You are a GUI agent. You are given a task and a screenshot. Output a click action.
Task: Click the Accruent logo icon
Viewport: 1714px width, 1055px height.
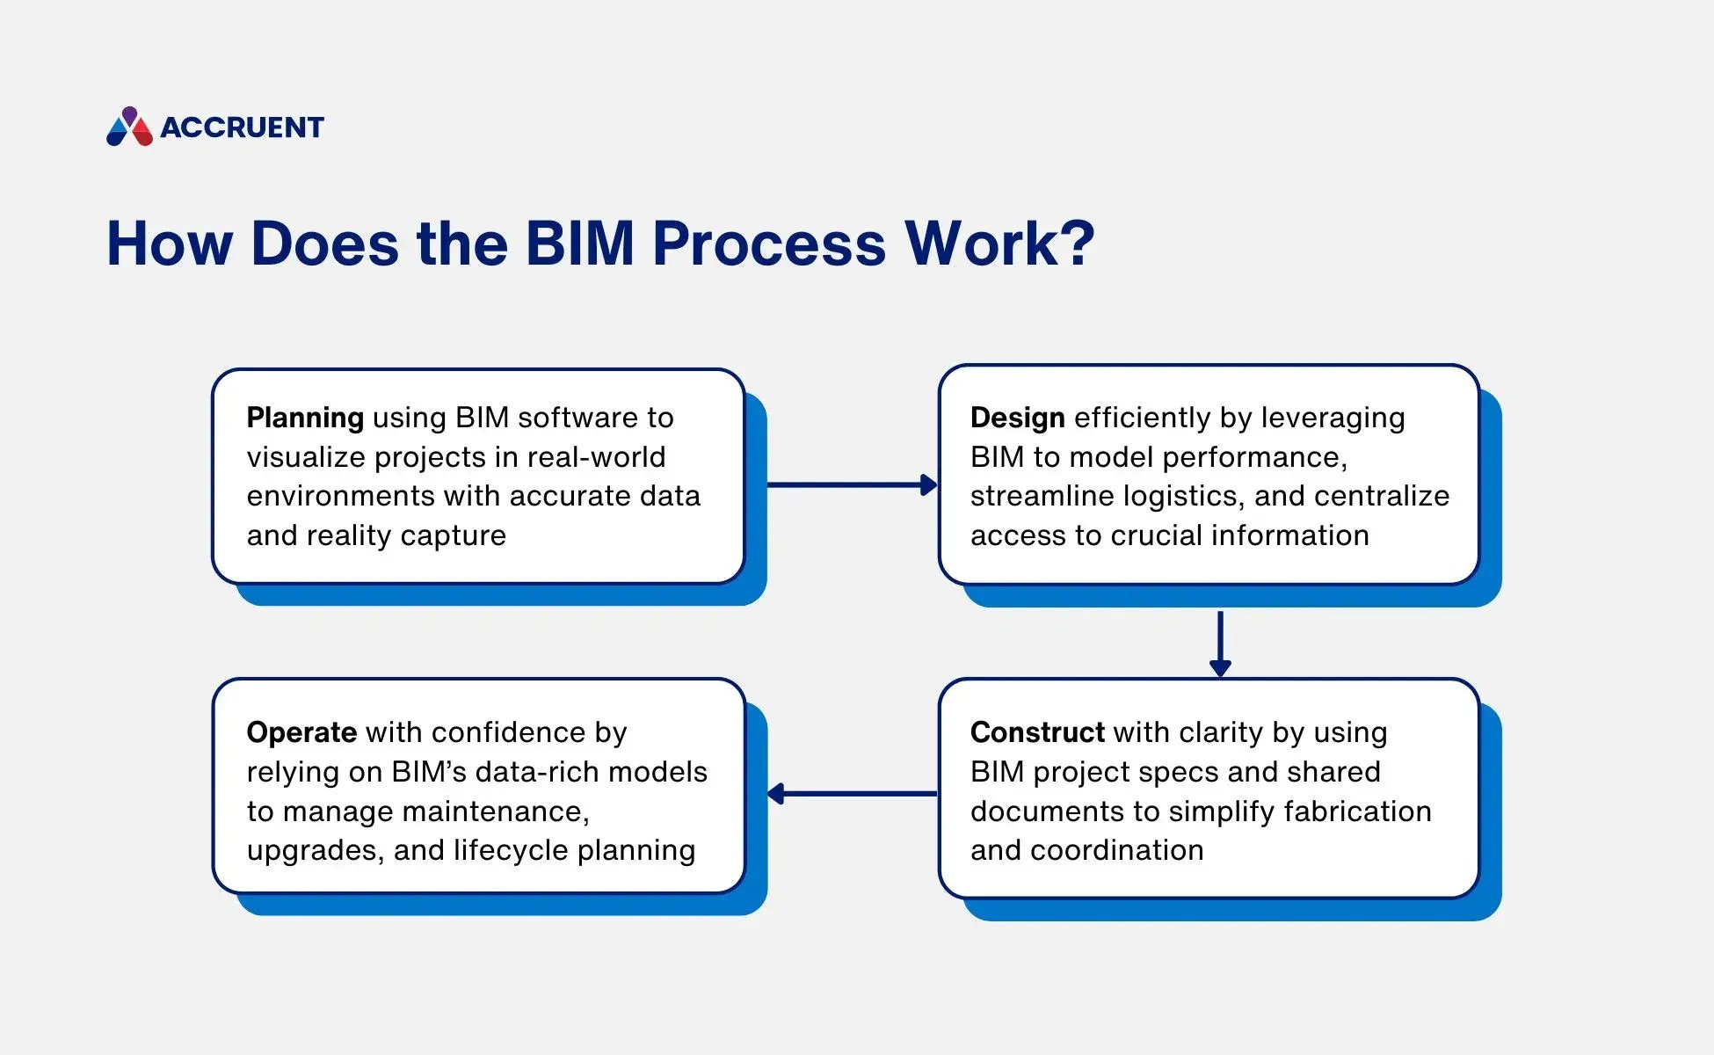129,127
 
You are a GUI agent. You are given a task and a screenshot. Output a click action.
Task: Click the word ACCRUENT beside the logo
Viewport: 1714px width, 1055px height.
242,128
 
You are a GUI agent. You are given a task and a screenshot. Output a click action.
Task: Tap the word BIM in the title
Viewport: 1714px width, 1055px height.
579,244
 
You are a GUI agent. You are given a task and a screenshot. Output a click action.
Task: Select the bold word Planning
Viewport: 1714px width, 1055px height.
305,418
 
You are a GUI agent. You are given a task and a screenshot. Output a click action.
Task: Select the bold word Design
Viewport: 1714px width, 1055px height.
1017,418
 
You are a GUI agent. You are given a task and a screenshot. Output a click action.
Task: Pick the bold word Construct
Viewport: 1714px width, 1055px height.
1037,732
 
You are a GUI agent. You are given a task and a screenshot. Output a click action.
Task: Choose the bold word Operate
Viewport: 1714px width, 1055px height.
301,732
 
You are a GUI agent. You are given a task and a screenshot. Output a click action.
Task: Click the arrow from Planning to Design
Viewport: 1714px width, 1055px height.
851,485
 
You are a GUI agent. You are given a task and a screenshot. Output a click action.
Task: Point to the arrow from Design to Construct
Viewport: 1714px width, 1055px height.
1220,644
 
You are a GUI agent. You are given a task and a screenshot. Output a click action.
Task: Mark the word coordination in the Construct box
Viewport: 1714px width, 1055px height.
1116,850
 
